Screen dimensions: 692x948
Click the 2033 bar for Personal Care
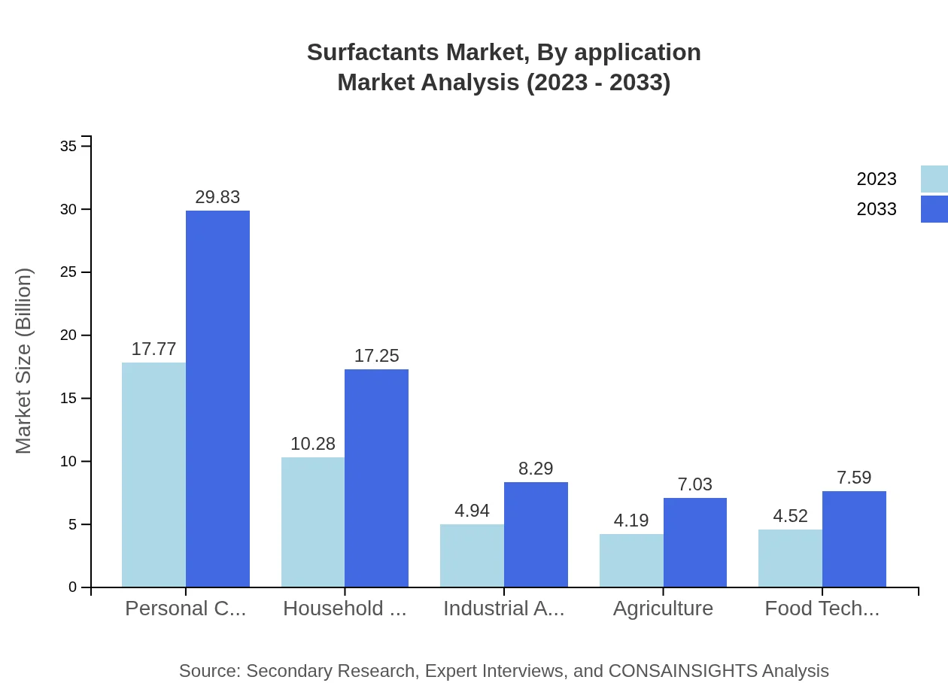tap(217, 399)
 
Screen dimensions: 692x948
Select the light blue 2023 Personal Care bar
tap(153, 475)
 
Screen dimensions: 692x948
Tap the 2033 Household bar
tap(376, 478)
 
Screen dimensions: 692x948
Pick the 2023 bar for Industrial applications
tap(472, 555)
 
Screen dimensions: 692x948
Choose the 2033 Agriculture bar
tap(695, 542)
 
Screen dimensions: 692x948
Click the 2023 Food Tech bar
tap(790, 558)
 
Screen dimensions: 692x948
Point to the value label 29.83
tap(217, 197)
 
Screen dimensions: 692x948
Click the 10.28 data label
tap(313, 444)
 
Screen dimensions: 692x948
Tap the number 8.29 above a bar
tap(536, 469)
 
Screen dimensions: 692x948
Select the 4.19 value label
tap(631, 521)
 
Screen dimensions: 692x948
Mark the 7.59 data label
tap(854, 478)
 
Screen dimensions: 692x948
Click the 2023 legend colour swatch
tap(934, 179)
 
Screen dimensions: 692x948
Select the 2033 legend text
tap(877, 209)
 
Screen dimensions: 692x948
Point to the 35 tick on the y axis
tap(68, 146)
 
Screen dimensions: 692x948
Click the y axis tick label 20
tap(68, 335)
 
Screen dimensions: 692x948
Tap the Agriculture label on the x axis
tap(663, 609)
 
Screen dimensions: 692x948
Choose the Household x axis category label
tap(345, 609)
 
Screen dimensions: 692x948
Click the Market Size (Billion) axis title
tap(24, 361)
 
